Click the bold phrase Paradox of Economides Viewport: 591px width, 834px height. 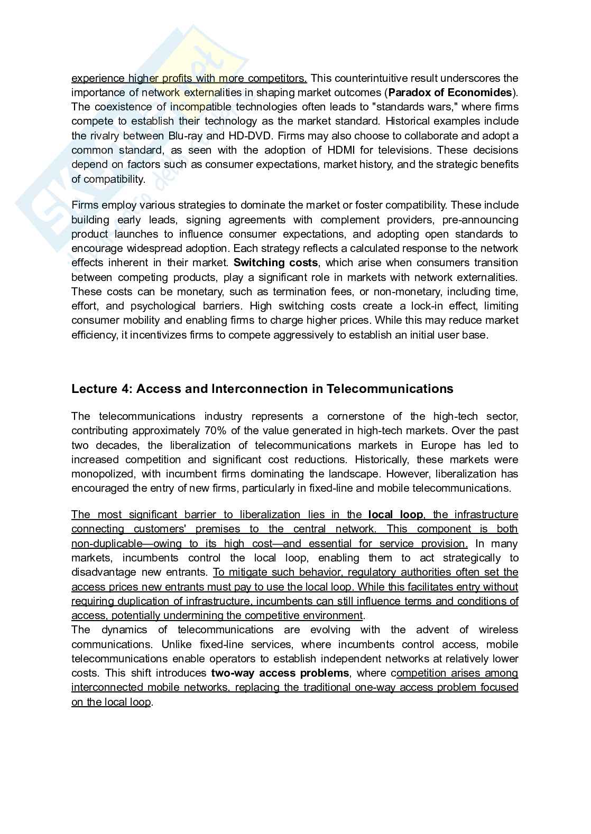click(450, 93)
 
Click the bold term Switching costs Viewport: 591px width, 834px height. click(276, 263)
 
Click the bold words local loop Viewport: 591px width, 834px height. click(395, 515)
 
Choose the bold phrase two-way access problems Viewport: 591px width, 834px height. click(280, 673)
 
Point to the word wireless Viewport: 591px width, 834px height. click(498, 630)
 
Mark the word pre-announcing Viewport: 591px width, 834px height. click(481, 220)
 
